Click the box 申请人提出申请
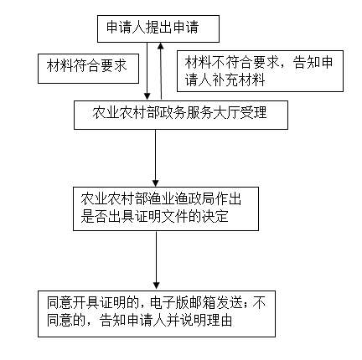158,28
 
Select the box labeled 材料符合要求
88,69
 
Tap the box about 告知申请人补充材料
260,71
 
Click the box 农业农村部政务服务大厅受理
181,115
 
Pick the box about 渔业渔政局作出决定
166,208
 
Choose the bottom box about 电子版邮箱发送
157,314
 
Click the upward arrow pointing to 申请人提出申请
161,71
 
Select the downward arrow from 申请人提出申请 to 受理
147,71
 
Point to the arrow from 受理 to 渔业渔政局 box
156,158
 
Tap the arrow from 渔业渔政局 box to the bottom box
157,260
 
